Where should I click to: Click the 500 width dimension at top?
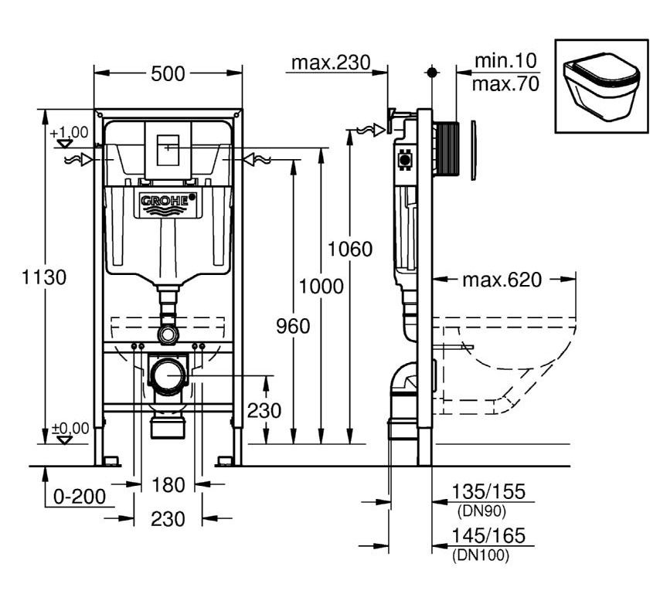pyautogui.click(x=168, y=74)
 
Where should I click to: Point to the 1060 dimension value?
pyautogui.click(x=349, y=249)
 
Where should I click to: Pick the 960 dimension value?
pyautogui.click(x=293, y=327)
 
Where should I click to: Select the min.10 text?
pyautogui.click(x=505, y=61)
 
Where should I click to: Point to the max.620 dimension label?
pyautogui.click(x=502, y=280)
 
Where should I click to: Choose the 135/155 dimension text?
pyautogui.click(x=488, y=492)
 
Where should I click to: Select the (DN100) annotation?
pyautogui.click(x=481, y=555)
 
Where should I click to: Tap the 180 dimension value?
pyautogui.click(x=168, y=485)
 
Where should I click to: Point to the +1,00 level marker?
pyautogui.click(x=69, y=134)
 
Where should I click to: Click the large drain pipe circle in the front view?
pyautogui.click(x=168, y=376)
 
